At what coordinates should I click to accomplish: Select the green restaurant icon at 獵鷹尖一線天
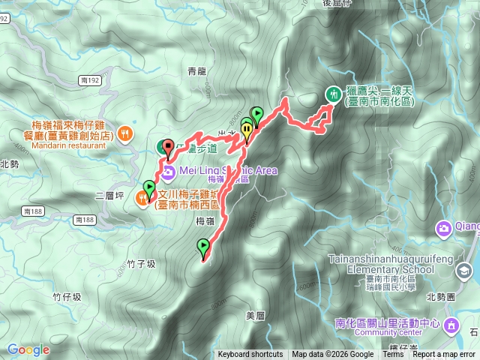click(332, 93)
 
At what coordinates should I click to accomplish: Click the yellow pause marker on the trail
click(247, 130)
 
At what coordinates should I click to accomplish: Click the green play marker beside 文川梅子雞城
click(148, 187)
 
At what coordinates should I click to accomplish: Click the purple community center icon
click(452, 325)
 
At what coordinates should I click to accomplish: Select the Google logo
click(28, 349)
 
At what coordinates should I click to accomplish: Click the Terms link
click(393, 355)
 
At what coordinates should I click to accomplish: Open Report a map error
click(444, 355)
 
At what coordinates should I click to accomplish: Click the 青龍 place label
click(196, 71)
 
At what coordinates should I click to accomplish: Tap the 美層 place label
click(256, 315)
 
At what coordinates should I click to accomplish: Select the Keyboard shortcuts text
click(250, 355)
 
